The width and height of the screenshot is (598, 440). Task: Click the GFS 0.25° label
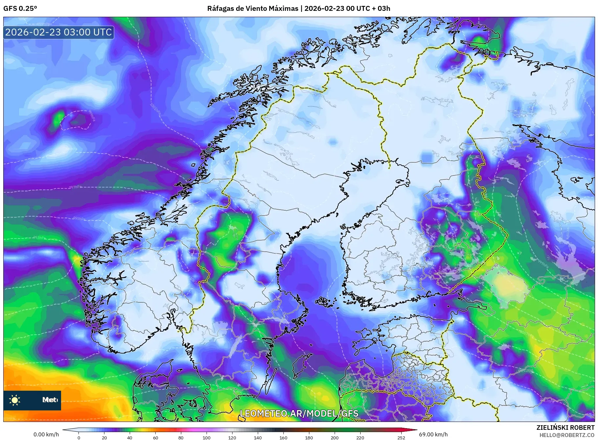[x=20, y=9]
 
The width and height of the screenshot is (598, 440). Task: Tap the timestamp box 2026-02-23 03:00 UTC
[x=58, y=32]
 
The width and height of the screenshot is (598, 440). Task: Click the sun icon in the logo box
[x=15, y=400]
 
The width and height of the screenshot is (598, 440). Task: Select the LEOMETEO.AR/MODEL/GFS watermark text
[x=299, y=413]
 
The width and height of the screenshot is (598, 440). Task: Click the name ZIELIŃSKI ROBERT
[x=565, y=428]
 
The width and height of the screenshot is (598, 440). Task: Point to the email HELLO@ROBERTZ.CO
[x=567, y=435]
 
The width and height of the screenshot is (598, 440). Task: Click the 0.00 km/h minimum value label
[x=46, y=434]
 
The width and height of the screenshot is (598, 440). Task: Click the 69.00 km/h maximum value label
[x=433, y=434]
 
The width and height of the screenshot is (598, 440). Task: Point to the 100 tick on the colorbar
[x=206, y=437]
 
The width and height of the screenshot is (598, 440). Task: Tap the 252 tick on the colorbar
[x=401, y=437]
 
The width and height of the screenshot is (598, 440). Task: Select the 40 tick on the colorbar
[x=130, y=437]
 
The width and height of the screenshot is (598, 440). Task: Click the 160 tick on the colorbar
[x=283, y=437]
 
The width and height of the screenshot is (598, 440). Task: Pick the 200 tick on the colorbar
[x=334, y=437]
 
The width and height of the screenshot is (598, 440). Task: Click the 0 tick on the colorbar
[x=79, y=437]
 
